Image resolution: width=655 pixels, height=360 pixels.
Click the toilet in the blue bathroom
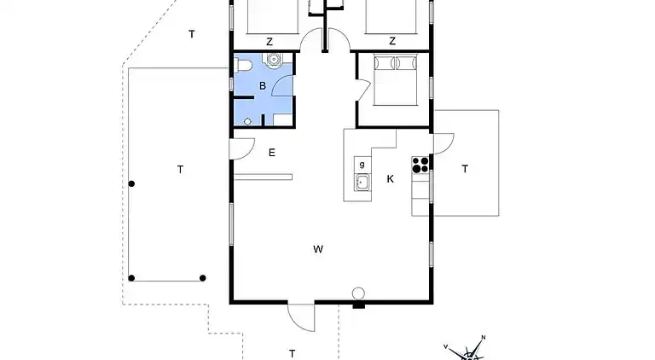244,65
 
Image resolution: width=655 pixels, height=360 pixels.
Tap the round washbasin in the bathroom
274,59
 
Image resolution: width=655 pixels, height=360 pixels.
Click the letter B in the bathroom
263,85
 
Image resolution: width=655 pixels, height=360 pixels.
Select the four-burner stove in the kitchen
420,165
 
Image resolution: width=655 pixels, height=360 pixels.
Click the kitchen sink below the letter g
362,182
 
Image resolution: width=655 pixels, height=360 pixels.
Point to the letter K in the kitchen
390,179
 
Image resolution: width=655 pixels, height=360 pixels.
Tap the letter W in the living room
318,249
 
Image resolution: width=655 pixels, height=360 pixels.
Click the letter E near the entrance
271,153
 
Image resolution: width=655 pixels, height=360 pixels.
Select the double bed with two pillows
395,80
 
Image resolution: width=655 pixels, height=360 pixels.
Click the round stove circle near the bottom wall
358,293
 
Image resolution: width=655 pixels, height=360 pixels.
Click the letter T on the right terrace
465,169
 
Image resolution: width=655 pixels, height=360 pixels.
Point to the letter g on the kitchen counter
362,165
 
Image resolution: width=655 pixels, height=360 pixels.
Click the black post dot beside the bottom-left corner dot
203,278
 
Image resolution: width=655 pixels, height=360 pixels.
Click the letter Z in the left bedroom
270,42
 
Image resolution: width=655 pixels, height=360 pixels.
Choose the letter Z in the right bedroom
391,41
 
